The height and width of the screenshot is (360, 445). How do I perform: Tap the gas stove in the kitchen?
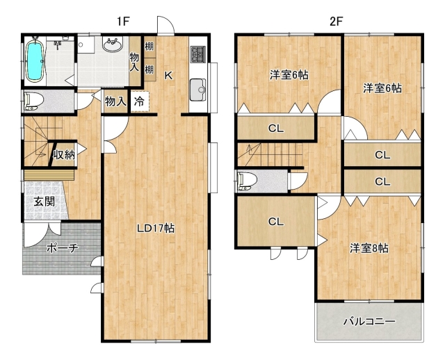click(x=197, y=54)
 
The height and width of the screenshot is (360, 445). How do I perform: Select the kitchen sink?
click(x=198, y=90)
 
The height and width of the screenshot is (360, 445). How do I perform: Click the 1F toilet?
click(x=34, y=101)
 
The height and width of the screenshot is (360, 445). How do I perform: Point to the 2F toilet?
click(x=248, y=181)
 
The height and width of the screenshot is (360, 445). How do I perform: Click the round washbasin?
click(x=113, y=44)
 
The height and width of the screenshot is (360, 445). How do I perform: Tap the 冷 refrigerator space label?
click(x=139, y=101)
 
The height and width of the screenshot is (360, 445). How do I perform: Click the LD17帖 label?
click(x=156, y=229)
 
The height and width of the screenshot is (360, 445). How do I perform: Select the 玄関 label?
click(x=44, y=202)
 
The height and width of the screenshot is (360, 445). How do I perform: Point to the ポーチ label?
click(x=62, y=248)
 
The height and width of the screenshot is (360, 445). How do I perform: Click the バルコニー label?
click(x=369, y=321)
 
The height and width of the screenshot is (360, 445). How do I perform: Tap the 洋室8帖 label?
click(x=369, y=248)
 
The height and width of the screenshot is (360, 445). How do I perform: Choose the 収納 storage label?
click(x=65, y=154)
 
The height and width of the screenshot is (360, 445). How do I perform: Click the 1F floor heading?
click(x=123, y=21)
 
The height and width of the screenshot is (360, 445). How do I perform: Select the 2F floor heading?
click(x=337, y=21)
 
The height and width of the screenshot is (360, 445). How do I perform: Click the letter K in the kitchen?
click(x=168, y=76)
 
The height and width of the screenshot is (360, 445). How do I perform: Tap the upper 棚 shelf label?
click(x=149, y=46)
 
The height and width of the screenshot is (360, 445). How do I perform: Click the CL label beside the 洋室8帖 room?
click(x=276, y=221)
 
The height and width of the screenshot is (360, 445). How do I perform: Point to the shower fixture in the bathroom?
click(x=58, y=44)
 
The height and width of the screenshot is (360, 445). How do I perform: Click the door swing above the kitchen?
click(x=165, y=25)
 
